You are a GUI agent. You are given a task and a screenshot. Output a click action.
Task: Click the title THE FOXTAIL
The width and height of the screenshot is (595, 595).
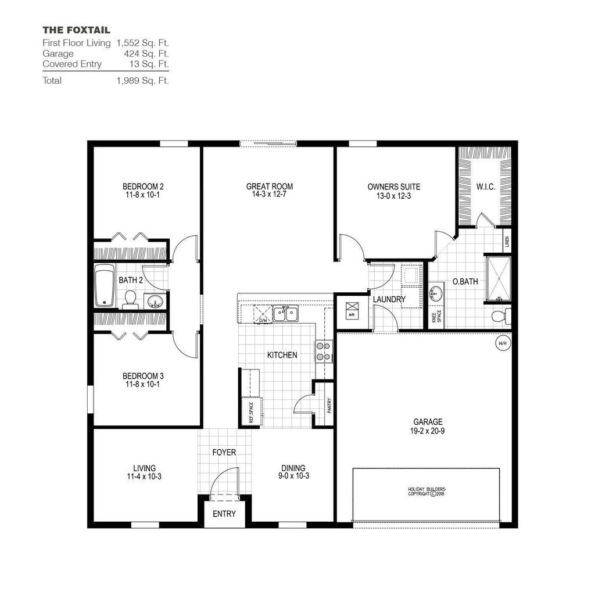76,30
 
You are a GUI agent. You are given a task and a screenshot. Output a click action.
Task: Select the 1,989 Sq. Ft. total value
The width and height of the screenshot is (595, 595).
142,81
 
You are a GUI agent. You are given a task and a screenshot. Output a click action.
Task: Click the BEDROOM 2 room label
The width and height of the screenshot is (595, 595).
143,187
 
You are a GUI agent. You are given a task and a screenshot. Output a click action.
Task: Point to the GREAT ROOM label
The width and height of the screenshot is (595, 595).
270,187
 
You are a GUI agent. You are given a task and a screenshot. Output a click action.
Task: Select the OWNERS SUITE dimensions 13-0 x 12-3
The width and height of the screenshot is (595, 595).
393,196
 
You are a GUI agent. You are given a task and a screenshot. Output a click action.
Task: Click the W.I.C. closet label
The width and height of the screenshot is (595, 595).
485,187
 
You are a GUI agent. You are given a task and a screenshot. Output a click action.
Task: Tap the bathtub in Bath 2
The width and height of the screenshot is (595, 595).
105,285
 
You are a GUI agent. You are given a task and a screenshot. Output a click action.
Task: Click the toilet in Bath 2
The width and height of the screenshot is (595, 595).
130,299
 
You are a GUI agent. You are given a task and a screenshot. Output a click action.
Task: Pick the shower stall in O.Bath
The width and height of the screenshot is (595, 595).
498,278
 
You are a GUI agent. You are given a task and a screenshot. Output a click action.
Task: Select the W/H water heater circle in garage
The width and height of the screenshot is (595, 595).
502,343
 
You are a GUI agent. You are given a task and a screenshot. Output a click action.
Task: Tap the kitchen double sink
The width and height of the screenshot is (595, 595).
285,314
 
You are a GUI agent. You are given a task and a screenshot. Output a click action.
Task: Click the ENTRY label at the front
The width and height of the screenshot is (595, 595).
224,514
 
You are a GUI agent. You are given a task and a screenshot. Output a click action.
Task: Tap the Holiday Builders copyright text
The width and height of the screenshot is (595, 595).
426,492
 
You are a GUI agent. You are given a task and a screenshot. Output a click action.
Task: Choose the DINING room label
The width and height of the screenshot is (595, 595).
293,468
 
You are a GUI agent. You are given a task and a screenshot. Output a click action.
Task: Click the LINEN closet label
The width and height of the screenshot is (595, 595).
507,241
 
